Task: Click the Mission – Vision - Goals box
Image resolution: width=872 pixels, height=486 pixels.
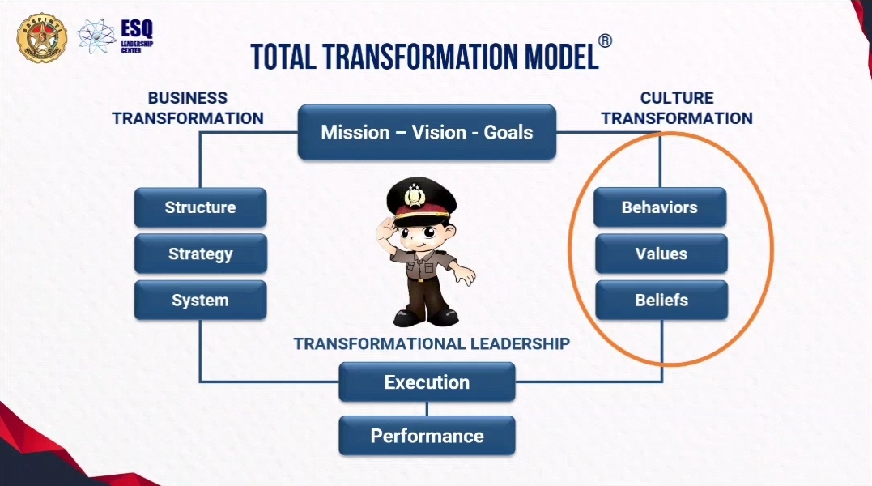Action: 427,132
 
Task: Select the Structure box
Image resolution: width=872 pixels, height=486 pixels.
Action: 200,207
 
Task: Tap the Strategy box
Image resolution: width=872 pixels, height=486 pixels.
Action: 200,254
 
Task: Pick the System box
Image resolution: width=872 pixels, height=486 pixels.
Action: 200,301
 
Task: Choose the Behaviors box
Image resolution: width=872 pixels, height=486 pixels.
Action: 660,207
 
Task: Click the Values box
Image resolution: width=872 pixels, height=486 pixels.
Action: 661,254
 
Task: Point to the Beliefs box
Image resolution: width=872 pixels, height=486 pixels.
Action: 661,301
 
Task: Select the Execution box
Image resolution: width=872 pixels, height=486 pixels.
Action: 427,382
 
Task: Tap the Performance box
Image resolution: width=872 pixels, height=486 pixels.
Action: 427,436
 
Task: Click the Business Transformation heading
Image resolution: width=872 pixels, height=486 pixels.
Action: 188,108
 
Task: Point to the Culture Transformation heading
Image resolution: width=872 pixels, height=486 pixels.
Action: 677,108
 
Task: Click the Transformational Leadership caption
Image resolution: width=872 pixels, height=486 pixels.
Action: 432,343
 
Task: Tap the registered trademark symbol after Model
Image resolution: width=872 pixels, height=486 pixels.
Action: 605,41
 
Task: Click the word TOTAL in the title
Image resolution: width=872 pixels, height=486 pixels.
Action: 283,57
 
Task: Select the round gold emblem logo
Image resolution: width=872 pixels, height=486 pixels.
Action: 42,37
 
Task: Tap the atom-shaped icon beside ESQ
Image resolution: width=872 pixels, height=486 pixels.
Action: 97,36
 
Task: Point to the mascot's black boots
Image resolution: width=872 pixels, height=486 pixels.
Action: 425,318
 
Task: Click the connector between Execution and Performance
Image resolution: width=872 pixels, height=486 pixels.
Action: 427,409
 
